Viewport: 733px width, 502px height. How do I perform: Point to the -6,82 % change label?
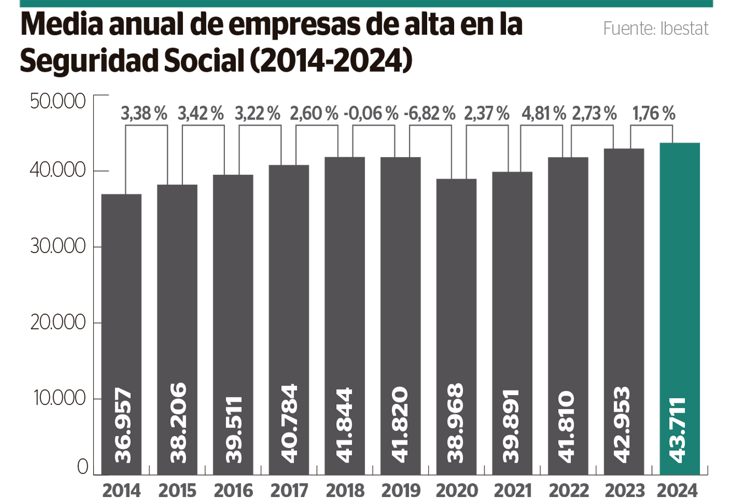tap(430, 114)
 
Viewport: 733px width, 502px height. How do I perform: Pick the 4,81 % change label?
tap(544, 114)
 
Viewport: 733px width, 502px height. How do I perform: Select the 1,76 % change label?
tap(654, 114)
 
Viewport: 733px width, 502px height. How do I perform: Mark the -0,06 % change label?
tap(371, 114)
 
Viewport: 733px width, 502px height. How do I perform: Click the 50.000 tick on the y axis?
tap(58, 101)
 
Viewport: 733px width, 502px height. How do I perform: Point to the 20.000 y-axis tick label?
tap(58, 322)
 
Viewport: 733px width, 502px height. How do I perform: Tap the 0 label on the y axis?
tap(83, 467)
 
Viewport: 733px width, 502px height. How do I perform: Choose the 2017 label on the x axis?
tap(289, 490)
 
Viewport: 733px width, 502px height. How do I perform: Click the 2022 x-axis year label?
tap(568, 490)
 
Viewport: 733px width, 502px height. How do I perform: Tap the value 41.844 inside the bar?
tap(344, 424)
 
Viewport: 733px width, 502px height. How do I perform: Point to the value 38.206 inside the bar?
tap(177, 423)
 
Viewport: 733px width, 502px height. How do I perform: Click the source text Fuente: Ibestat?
tap(655, 28)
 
